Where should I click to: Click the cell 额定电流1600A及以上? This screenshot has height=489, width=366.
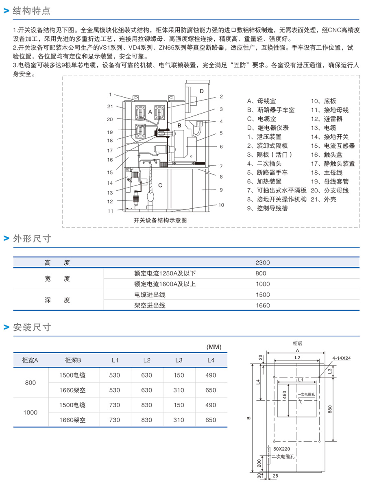[x=165, y=284]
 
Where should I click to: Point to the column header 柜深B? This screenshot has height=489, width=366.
[x=73, y=360]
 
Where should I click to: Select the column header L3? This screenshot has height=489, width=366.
[x=179, y=360]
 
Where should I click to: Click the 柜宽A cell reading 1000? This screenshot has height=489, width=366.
[x=30, y=413]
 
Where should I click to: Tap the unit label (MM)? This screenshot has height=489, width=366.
[x=213, y=347]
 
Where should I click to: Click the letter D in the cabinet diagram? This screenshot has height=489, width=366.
[x=201, y=91]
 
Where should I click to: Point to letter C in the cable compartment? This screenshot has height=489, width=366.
[x=160, y=186]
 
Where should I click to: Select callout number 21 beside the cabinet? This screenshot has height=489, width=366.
[x=110, y=107]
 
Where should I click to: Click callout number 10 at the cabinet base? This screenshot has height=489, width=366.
[x=221, y=205]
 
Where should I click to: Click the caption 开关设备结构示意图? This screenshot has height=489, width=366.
[x=160, y=220]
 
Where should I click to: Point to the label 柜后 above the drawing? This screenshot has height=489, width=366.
[x=298, y=343]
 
